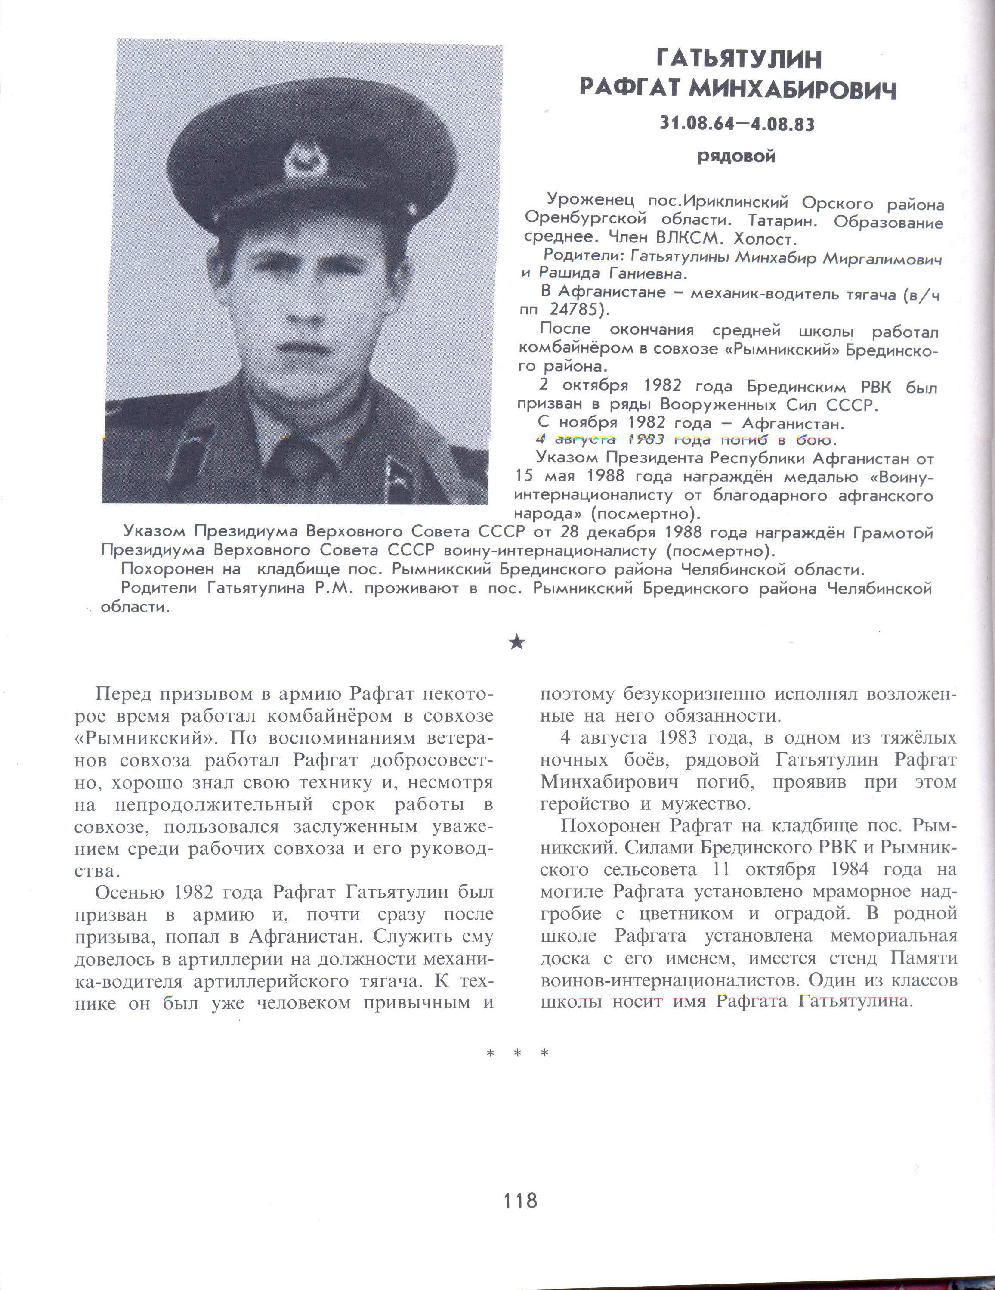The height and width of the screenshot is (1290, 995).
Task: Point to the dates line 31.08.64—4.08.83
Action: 737,124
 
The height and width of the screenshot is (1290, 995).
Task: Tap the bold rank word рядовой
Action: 736,157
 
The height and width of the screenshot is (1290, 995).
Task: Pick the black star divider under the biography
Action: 517,642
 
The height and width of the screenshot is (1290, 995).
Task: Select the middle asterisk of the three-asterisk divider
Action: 517,1054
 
